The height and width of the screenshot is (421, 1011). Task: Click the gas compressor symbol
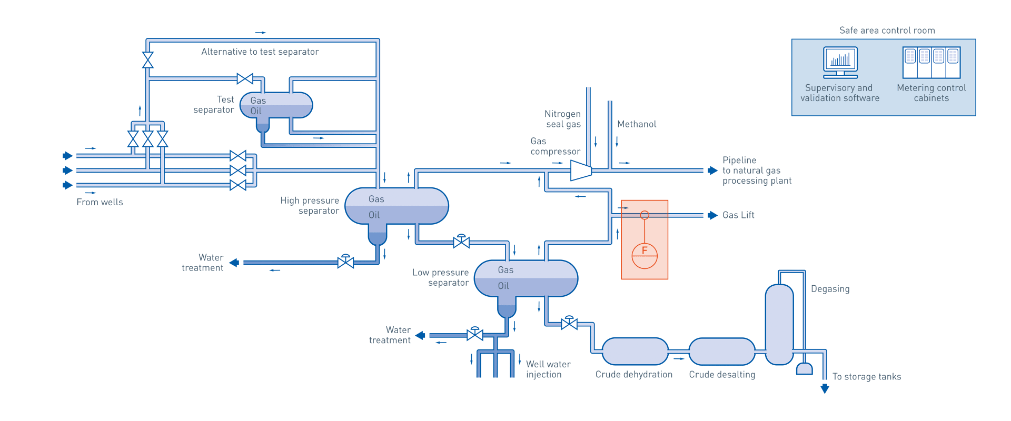pos(581,171)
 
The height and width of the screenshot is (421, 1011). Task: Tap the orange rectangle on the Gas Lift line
pos(645,239)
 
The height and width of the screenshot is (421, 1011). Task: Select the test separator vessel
pos(276,105)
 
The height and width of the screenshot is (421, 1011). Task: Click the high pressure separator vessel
pos(397,206)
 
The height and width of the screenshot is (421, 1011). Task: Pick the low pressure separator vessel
pos(526,278)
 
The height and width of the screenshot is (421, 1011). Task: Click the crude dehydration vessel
pos(635,352)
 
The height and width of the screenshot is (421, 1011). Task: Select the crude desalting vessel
pos(721,352)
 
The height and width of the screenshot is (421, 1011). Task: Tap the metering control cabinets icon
pos(931,63)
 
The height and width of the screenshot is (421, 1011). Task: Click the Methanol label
pos(637,124)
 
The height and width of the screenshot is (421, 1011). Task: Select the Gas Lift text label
pos(738,215)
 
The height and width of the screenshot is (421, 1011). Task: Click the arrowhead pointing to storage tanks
pos(825,389)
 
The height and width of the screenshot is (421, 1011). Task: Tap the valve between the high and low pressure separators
pos(461,242)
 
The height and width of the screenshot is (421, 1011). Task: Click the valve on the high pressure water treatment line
pos(345,262)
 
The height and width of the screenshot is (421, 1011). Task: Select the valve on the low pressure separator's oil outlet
pos(569,324)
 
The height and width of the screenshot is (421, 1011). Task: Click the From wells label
pos(100,203)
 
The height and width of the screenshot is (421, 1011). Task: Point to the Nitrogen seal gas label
pos(562,119)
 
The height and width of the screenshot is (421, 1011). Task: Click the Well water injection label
pos(548,369)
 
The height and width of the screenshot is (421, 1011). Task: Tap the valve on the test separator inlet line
pos(245,79)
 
